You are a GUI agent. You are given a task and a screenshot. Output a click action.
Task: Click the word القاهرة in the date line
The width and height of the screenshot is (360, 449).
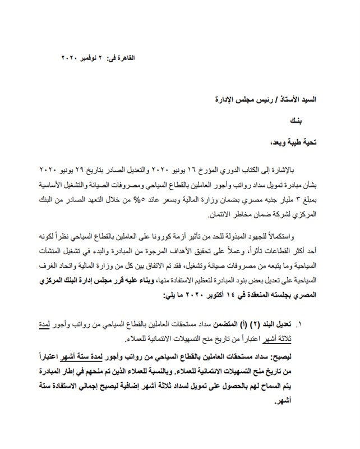[x=124, y=58]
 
